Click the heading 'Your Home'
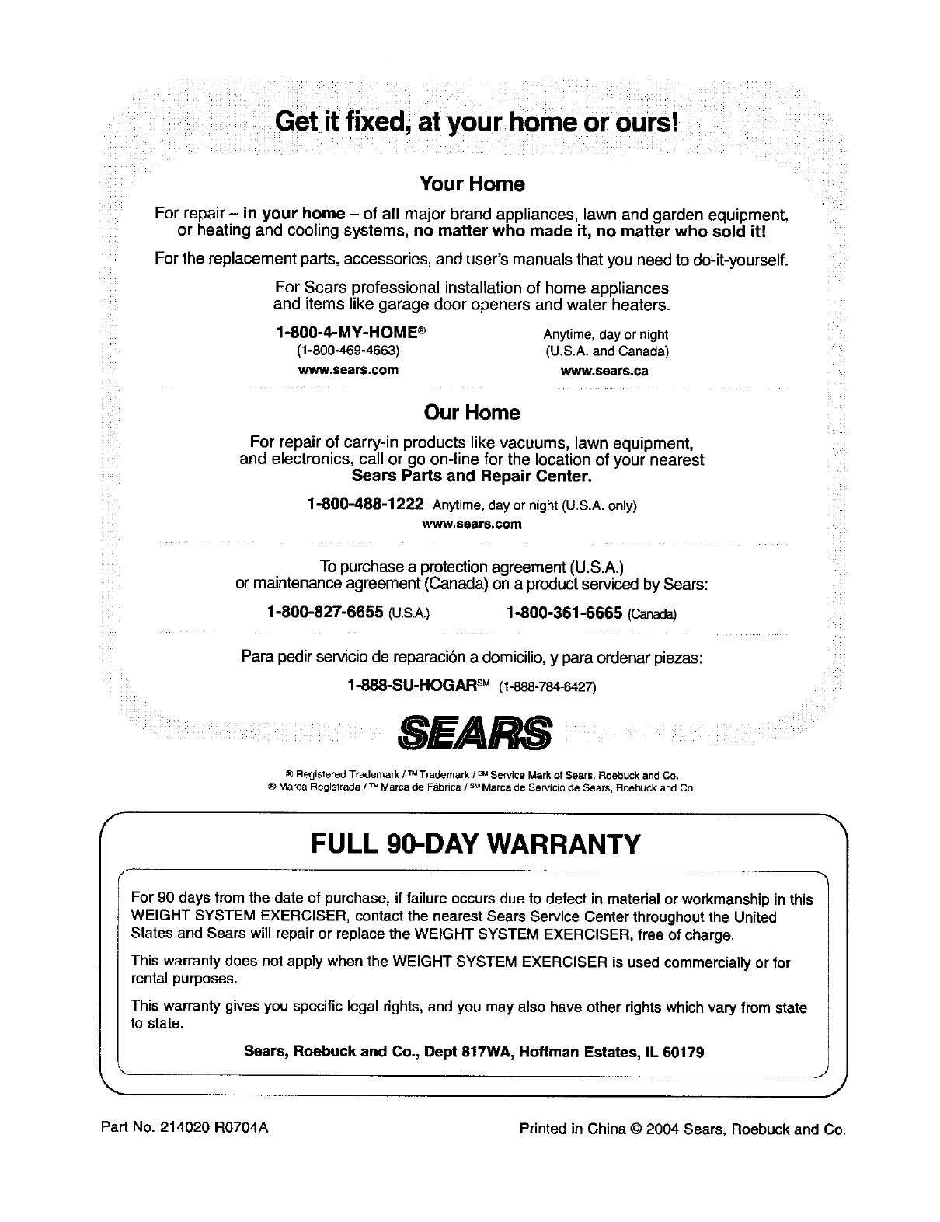(x=472, y=184)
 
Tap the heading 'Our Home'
(x=472, y=412)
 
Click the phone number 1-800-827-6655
(x=325, y=613)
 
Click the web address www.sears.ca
(x=604, y=371)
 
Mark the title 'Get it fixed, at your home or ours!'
(x=477, y=122)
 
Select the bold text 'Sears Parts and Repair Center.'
(x=472, y=475)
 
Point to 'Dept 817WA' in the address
(x=495, y=1053)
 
